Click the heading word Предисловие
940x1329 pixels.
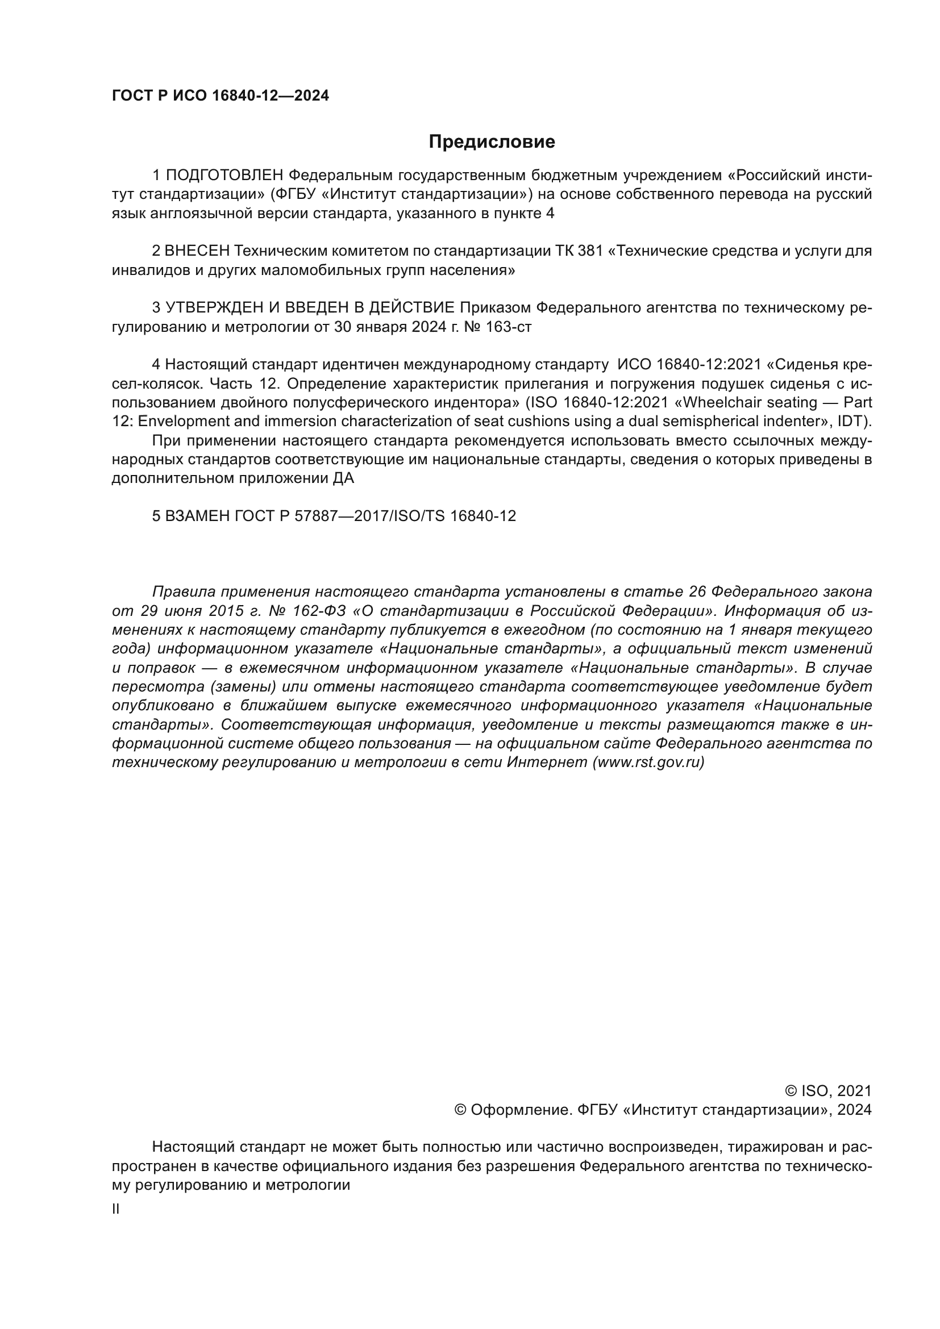pos(492,142)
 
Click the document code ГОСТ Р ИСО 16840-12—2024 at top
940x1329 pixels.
pos(220,95)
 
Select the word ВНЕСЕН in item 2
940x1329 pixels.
pos(197,251)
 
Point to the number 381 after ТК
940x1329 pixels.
pos(590,251)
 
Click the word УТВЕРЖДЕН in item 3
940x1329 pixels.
pos(211,307)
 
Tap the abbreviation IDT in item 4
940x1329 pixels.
pos(851,422)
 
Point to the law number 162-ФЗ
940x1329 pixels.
pos(320,611)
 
